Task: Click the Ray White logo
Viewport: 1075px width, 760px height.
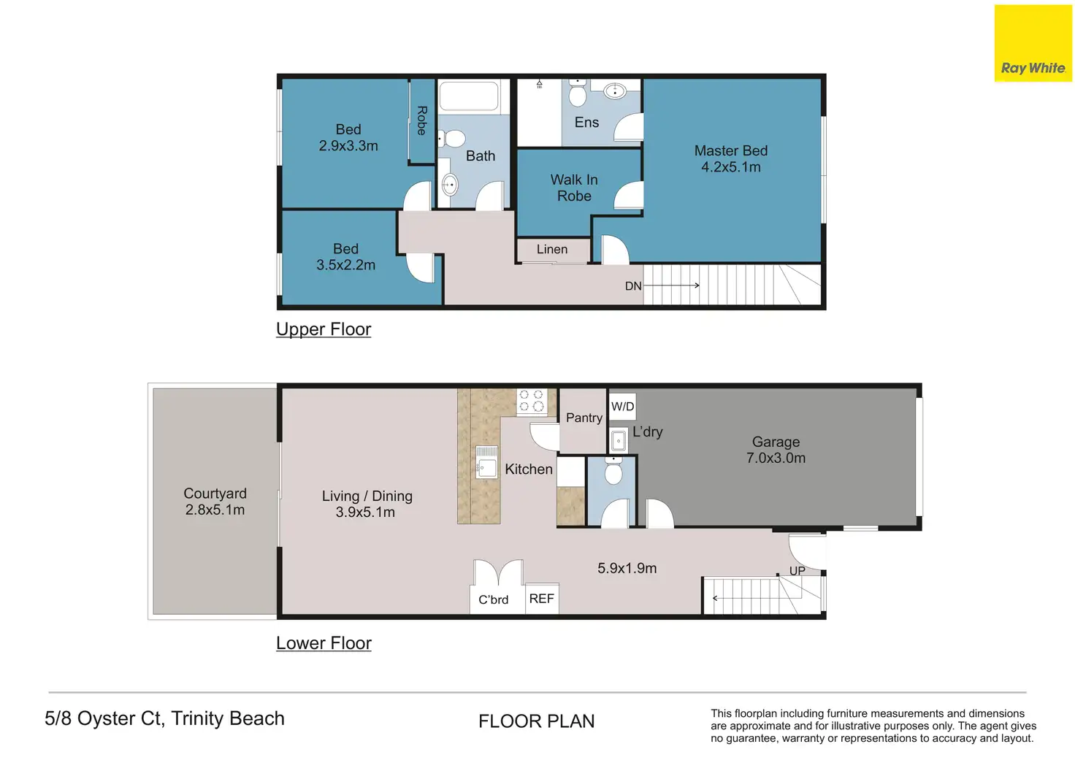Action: (1033, 43)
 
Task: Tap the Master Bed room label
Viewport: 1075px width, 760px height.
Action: (730, 150)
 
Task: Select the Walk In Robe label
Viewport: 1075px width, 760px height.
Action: (574, 188)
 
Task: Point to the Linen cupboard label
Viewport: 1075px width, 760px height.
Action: (552, 249)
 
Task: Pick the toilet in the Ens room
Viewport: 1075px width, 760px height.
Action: (578, 92)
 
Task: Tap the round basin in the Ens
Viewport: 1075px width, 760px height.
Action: (615, 91)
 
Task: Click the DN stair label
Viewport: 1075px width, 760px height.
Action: (633, 286)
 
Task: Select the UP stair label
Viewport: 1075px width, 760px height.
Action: (797, 570)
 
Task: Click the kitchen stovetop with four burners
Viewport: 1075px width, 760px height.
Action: (531, 401)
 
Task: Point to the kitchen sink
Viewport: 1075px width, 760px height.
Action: (486, 462)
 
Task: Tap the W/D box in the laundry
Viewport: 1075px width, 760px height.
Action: (622, 407)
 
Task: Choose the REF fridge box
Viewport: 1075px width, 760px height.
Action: (542, 599)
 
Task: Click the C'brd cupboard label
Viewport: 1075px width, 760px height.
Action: (494, 599)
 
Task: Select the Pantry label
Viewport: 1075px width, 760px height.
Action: (584, 418)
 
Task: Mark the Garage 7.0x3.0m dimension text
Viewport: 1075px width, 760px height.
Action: (776, 458)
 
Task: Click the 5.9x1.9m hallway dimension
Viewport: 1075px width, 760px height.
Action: (627, 568)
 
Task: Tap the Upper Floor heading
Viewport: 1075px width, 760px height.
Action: (324, 329)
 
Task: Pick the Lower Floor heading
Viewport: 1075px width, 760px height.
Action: (324, 643)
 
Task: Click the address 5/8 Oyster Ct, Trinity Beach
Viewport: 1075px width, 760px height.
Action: (164, 718)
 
